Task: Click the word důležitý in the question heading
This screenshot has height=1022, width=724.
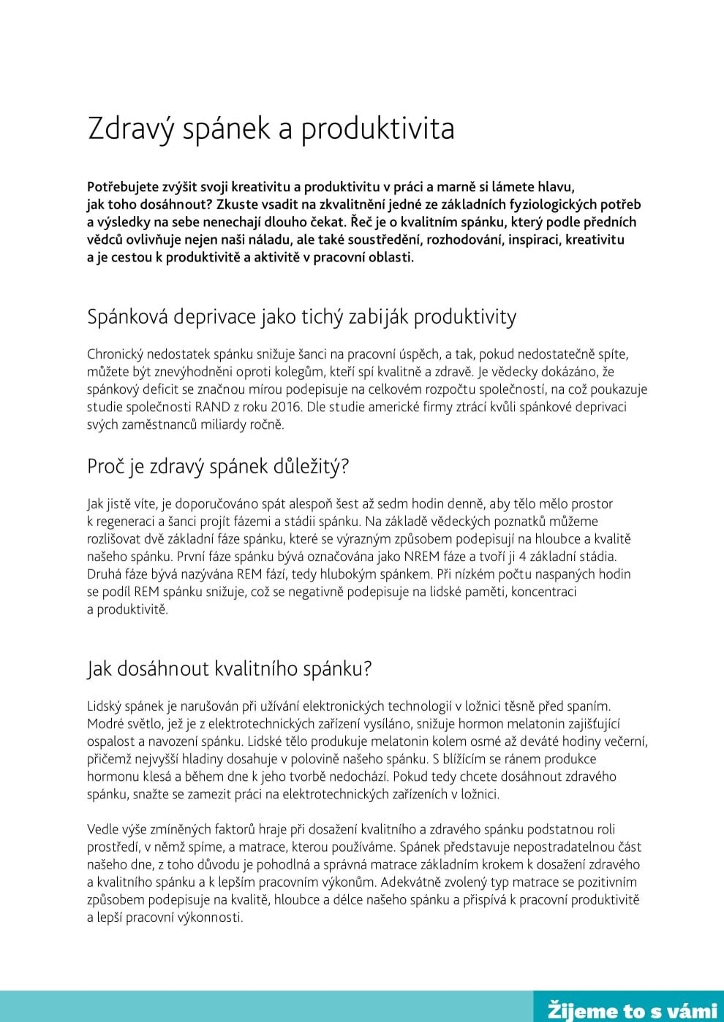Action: [312, 467]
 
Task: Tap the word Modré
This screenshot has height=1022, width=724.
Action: [107, 724]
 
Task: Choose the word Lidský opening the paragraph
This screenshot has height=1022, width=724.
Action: [107, 706]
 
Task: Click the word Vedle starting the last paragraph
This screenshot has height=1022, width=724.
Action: [104, 829]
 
